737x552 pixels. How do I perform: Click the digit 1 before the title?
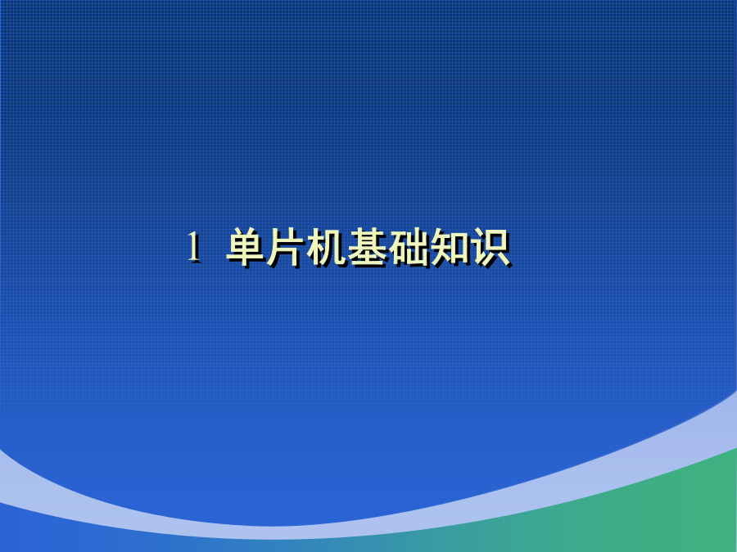193,247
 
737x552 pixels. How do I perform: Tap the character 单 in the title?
246,247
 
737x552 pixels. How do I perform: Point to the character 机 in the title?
326,247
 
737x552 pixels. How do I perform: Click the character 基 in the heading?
367,247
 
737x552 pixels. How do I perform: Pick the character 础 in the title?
409,247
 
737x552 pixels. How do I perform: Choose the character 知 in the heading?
450,247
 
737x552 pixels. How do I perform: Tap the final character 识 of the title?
491,247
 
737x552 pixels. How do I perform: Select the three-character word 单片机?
287,247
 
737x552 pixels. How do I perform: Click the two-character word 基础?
389,247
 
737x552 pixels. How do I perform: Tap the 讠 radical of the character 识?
478,247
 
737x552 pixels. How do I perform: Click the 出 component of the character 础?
418,247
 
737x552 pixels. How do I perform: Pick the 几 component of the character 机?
336,248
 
